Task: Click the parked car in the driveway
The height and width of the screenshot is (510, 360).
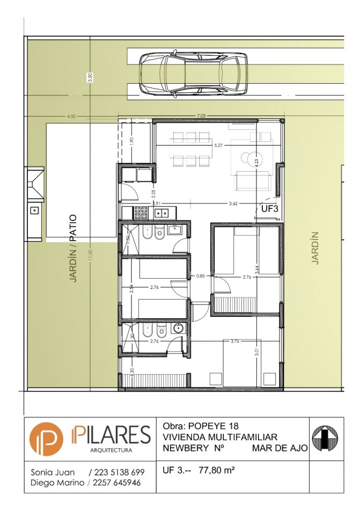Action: coord(193,74)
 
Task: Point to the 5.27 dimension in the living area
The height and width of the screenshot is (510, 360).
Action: coord(218,145)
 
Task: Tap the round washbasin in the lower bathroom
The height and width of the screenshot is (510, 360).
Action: coord(178,329)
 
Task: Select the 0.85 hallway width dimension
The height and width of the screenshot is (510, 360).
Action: coord(200,276)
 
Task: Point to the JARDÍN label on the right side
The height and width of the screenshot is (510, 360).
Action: coord(315,247)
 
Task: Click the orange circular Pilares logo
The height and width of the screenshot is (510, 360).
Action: coord(46,439)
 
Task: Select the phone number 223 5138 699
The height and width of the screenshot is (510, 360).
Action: coord(120,472)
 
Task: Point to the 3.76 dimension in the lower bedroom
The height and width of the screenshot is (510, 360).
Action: coord(234,341)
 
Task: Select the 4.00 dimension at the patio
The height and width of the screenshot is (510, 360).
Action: coord(71,116)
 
